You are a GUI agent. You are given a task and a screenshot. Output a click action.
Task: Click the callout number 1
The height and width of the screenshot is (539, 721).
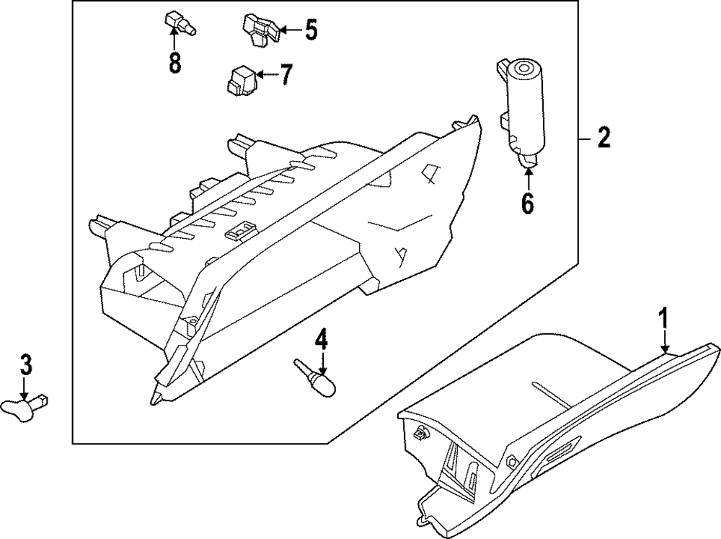tap(664, 318)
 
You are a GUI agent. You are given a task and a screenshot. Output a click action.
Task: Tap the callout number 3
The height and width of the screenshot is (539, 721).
tap(25, 364)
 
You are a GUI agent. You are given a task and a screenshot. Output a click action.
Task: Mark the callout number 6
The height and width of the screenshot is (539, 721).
tap(527, 204)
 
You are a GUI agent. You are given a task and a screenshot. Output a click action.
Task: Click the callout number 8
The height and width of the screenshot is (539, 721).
tap(174, 63)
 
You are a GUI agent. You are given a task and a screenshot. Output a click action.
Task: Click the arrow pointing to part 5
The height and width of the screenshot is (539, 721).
tap(290, 30)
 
